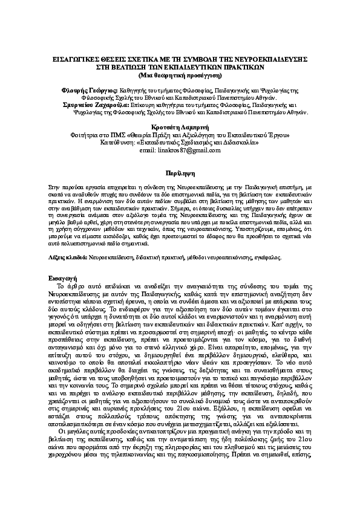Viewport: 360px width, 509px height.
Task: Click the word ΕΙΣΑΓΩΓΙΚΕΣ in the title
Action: (74, 60)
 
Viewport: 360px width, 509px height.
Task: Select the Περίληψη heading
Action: (180, 172)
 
